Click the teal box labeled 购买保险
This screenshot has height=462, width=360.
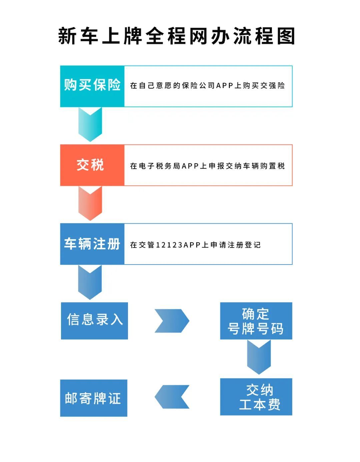(92, 86)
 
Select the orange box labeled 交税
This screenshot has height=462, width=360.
(92, 165)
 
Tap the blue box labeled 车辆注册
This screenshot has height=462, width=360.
(92, 244)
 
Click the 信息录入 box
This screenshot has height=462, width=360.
(94, 321)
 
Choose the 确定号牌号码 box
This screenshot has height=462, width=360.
(256, 321)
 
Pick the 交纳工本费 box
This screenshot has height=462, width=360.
(256, 397)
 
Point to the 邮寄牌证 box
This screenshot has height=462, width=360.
(94, 398)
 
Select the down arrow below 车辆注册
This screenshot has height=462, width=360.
(90, 282)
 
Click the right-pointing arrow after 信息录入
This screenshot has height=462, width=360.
(172, 321)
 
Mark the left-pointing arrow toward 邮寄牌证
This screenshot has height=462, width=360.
(172, 397)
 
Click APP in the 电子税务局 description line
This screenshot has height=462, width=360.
(190, 166)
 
